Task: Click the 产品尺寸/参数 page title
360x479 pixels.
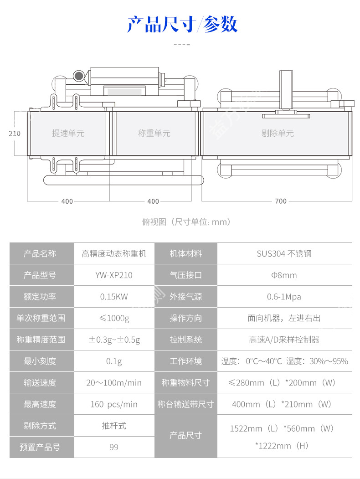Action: click(x=182, y=24)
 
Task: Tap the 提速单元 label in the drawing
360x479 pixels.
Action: click(x=68, y=134)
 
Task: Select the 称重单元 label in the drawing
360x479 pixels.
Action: click(x=154, y=134)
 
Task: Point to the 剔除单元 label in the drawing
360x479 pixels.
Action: click(x=277, y=134)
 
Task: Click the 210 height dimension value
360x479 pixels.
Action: click(x=15, y=134)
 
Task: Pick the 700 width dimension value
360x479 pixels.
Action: click(x=281, y=201)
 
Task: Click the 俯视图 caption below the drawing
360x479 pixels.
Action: click(x=186, y=222)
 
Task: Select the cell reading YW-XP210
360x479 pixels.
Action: click(x=114, y=275)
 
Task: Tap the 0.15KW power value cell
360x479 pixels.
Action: click(x=114, y=297)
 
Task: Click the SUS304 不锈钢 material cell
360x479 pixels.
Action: click(x=284, y=254)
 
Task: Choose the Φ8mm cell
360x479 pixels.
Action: click(x=284, y=275)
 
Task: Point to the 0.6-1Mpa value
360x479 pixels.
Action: click(x=284, y=297)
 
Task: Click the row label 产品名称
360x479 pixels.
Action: click(x=40, y=254)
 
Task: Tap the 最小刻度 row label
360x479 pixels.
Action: click(x=40, y=361)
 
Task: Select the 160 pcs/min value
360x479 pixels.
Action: click(x=114, y=404)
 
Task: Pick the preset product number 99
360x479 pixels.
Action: click(x=114, y=447)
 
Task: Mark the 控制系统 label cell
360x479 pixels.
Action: click(x=185, y=340)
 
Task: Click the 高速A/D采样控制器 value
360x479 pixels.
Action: click(x=284, y=340)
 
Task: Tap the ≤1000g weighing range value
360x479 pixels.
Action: click(x=114, y=318)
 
